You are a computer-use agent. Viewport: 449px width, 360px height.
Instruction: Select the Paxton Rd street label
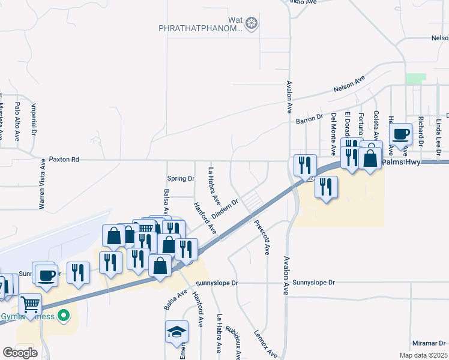[x=64, y=160]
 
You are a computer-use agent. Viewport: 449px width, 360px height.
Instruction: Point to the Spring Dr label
[x=181, y=179]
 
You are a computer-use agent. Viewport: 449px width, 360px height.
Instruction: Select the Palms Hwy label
[x=400, y=160]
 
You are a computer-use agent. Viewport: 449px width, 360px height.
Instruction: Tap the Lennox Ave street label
[x=265, y=343]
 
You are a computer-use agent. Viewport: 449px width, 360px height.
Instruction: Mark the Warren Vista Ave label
[x=43, y=184]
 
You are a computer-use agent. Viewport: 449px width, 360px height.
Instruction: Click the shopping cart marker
[x=30, y=304]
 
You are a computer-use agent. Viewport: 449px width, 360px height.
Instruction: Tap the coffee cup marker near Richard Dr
[x=400, y=134]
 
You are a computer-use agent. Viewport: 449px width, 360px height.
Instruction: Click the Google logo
[x=20, y=353]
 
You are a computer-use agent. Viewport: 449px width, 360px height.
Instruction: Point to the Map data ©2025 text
[x=423, y=355]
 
